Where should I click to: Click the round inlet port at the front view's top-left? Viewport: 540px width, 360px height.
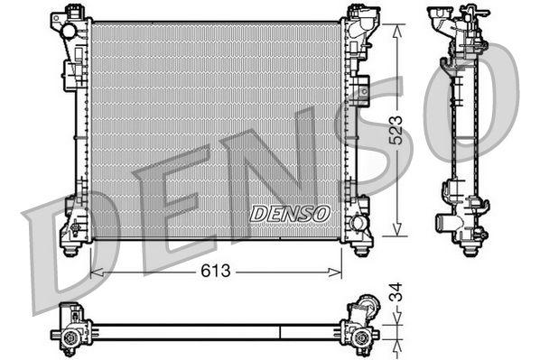click(69, 32)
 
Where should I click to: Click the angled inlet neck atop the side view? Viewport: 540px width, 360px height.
click(444, 22)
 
